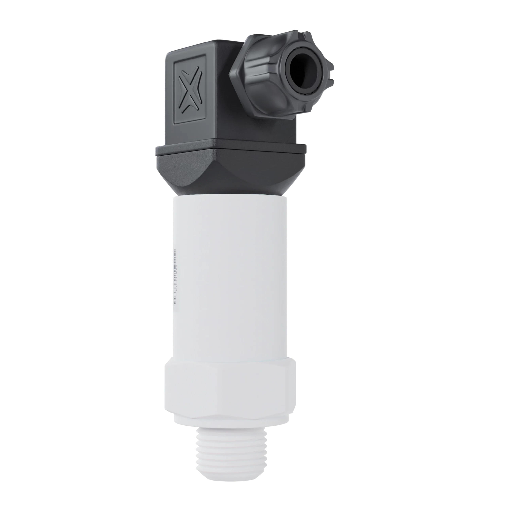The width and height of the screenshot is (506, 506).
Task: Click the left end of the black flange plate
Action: click(x=156, y=152)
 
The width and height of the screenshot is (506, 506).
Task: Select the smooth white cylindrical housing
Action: click(x=230, y=275)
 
